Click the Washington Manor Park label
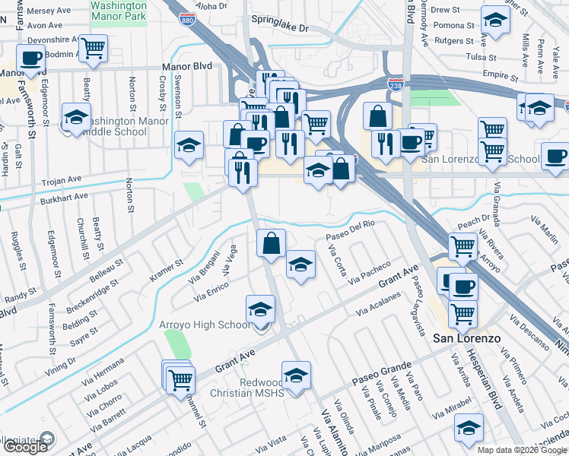(118, 9)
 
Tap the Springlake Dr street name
(281, 28)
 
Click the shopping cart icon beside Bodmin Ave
(94, 48)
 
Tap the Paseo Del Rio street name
(351, 230)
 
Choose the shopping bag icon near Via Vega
(271, 243)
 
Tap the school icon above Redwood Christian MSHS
(296, 375)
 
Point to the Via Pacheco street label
(370, 273)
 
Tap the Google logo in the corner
(25, 447)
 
